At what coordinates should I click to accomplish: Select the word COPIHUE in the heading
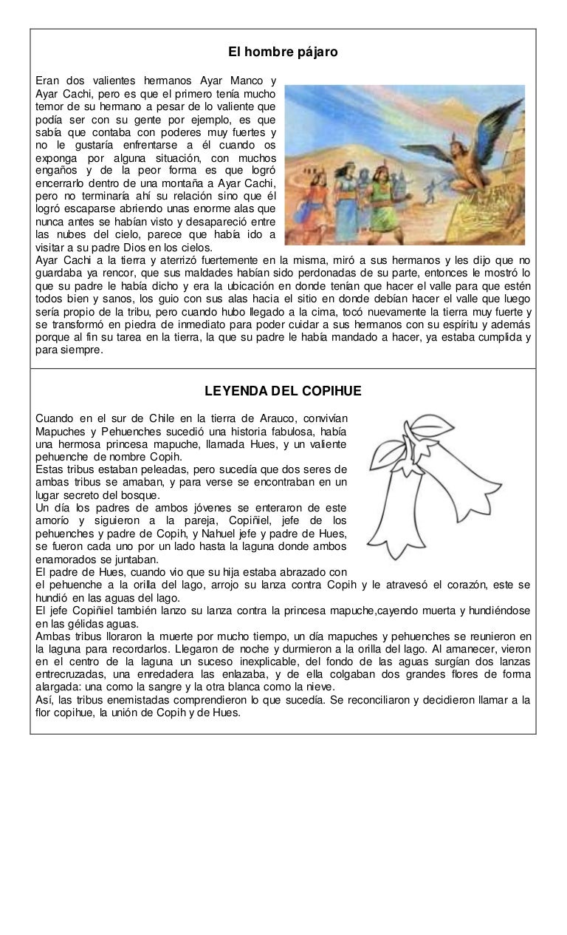(332, 390)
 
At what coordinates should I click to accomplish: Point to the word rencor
(111, 272)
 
